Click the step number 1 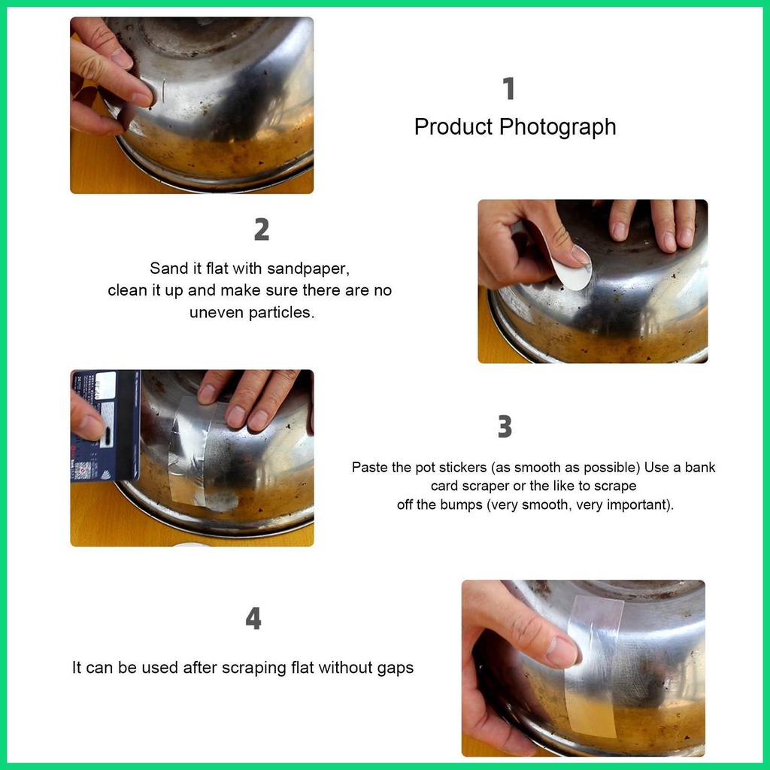pos(509,89)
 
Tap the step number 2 pos(261,229)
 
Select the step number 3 pos(505,426)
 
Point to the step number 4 pos(253,618)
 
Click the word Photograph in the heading pos(557,127)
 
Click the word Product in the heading pos(453,126)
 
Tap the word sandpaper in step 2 pos(308,269)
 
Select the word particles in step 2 pos(281,313)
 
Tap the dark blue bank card pos(105,426)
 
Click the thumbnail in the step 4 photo pos(562,652)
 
